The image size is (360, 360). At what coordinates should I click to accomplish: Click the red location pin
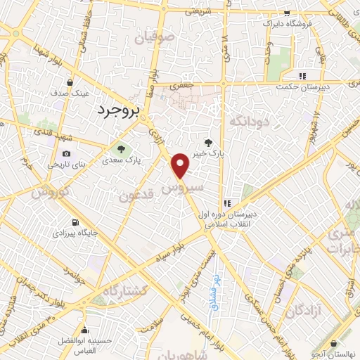point(181,165)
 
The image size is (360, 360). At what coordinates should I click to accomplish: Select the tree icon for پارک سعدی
point(122,148)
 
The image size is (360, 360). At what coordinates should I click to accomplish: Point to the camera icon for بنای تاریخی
point(66,153)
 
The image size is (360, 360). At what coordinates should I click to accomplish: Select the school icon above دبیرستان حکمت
point(302,76)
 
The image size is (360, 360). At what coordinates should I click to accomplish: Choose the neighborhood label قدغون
point(136,195)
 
